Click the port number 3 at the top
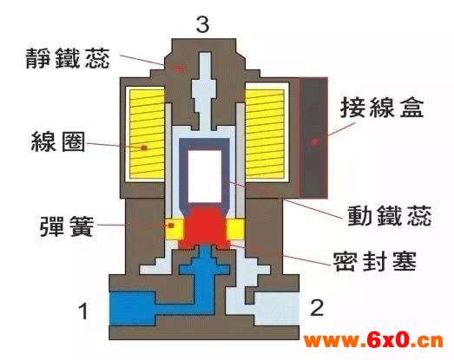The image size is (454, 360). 202,24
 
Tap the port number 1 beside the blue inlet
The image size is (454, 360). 83,311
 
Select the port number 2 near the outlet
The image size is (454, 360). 317,307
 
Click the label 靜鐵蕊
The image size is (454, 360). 68,58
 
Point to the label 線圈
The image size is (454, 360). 58,141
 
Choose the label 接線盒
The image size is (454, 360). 382,107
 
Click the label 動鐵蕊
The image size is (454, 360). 390,216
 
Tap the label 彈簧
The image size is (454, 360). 67,226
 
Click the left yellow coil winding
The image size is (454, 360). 147,134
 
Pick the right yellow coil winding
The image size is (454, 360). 265,134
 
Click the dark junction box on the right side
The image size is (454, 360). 313,138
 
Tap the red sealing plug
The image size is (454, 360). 205,226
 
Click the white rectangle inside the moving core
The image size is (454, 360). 205,176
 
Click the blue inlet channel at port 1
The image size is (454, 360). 133,309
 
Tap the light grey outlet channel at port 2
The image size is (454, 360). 277,309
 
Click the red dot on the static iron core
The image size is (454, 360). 180,69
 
